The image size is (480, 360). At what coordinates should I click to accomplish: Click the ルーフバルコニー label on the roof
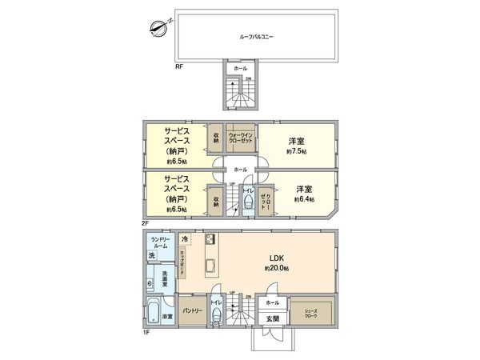pyautogui.click(x=252, y=37)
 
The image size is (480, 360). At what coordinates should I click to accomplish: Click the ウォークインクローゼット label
pyautogui.click(x=242, y=138)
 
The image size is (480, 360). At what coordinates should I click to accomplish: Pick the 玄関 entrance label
pyautogui.click(x=272, y=319)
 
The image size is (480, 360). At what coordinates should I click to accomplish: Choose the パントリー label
pyautogui.click(x=190, y=309)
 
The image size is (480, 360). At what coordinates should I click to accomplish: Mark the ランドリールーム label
pyautogui.click(x=161, y=242)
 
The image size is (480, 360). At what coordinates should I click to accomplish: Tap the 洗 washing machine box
pyautogui.click(x=152, y=256)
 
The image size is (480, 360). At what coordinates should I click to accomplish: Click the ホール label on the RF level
pyautogui.click(x=240, y=69)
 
